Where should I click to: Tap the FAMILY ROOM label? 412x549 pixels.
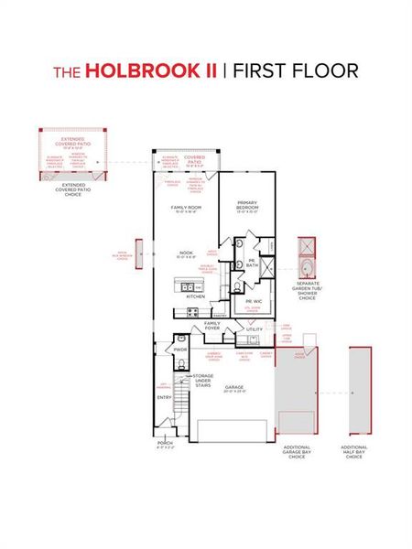(185, 209)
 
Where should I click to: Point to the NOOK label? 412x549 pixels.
(184, 253)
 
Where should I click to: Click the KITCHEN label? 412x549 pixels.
(196, 296)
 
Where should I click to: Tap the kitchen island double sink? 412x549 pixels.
(187, 285)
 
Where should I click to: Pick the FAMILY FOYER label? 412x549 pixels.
(212, 325)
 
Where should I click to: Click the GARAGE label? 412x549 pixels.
(233, 386)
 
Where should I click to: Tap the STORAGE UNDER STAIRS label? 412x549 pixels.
(203, 380)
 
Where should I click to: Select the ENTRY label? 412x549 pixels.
(165, 397)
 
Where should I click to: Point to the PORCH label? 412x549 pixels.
(165, 443)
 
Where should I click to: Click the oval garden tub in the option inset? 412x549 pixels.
(309, 270)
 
